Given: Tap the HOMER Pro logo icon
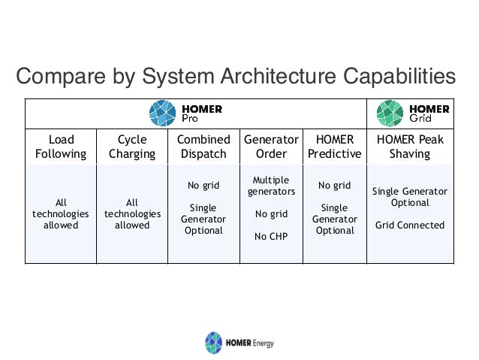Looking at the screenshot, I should (163, 114).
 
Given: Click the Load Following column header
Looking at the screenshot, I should (61, 147).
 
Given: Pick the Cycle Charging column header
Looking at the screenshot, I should (132, 147).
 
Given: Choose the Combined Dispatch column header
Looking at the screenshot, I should (203, 147).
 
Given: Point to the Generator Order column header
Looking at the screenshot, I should (271, 147).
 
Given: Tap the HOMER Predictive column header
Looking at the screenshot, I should (335, 147).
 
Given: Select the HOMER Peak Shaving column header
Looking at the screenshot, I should (410, 147).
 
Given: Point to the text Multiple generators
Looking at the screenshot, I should (271, 186).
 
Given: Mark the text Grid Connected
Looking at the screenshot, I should (410, 225).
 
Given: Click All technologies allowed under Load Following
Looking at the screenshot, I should (61, 214).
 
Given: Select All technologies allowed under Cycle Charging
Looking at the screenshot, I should (132, 214).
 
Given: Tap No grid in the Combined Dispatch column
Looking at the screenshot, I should (203, 186).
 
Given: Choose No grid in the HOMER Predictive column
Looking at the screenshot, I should (335, 186).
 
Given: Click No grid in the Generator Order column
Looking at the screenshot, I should (271, 214).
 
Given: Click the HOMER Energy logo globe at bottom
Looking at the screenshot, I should (214, 342).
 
